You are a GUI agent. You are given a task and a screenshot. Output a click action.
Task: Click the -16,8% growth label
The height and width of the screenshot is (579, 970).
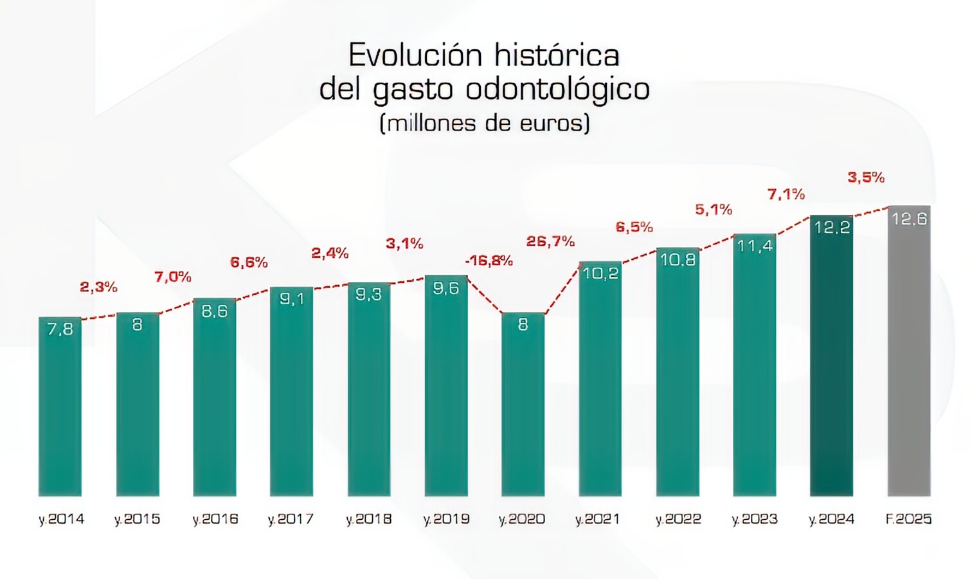(489, 261)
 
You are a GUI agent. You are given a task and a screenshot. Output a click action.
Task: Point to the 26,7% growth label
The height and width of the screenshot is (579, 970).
(550, 241)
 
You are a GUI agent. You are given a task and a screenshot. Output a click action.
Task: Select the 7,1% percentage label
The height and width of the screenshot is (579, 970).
(786, 194)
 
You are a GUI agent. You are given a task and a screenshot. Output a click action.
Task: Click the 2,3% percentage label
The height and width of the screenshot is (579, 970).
(98, 287)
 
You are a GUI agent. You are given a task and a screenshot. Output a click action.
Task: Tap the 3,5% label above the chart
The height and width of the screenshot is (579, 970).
(866, 178)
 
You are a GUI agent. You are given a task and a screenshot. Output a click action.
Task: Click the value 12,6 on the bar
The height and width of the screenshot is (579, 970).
(909, 219)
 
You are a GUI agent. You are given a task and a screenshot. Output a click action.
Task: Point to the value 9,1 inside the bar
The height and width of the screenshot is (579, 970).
(291, 299)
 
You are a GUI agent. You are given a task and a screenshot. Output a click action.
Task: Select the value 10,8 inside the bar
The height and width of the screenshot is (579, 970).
(678, 259)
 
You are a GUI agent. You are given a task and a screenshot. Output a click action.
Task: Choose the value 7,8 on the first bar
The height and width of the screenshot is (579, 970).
(60, 329)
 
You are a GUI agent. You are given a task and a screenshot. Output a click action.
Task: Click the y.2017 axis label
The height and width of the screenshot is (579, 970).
(291, 519)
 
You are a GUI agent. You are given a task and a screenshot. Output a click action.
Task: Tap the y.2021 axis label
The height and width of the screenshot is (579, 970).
(598, 519)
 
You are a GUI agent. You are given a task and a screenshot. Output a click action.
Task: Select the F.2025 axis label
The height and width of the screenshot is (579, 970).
(908, 519)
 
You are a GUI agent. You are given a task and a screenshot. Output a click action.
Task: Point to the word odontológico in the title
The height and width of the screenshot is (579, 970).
(557, 89)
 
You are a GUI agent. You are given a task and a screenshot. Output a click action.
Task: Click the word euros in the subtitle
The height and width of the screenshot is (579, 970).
(552, 123)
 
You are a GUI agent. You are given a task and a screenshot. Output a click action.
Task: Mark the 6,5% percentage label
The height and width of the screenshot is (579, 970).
(634, 227)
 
